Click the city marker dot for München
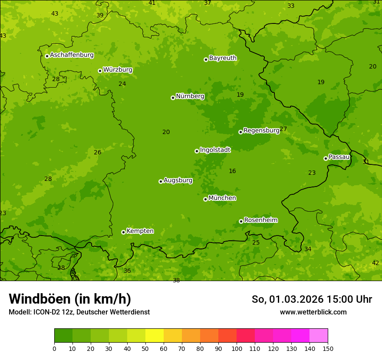point(205,199)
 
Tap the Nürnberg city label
point(190,96)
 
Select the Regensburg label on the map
point(261,130)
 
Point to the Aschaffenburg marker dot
point(47,56)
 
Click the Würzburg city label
point(118,69)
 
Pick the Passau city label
point(339,157)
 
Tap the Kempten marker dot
point(123,232)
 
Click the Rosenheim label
point(260,220)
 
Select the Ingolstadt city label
point(215,150)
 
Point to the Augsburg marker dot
point(161,181)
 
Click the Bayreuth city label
point(223,58)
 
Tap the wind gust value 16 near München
point(232,171)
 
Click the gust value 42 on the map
point(375,263)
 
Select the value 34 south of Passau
point(308,249)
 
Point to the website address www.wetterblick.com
point(313,312)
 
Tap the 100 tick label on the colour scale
point(237,348)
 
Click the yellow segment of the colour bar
point(155,335)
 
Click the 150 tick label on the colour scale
point(328,348)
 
